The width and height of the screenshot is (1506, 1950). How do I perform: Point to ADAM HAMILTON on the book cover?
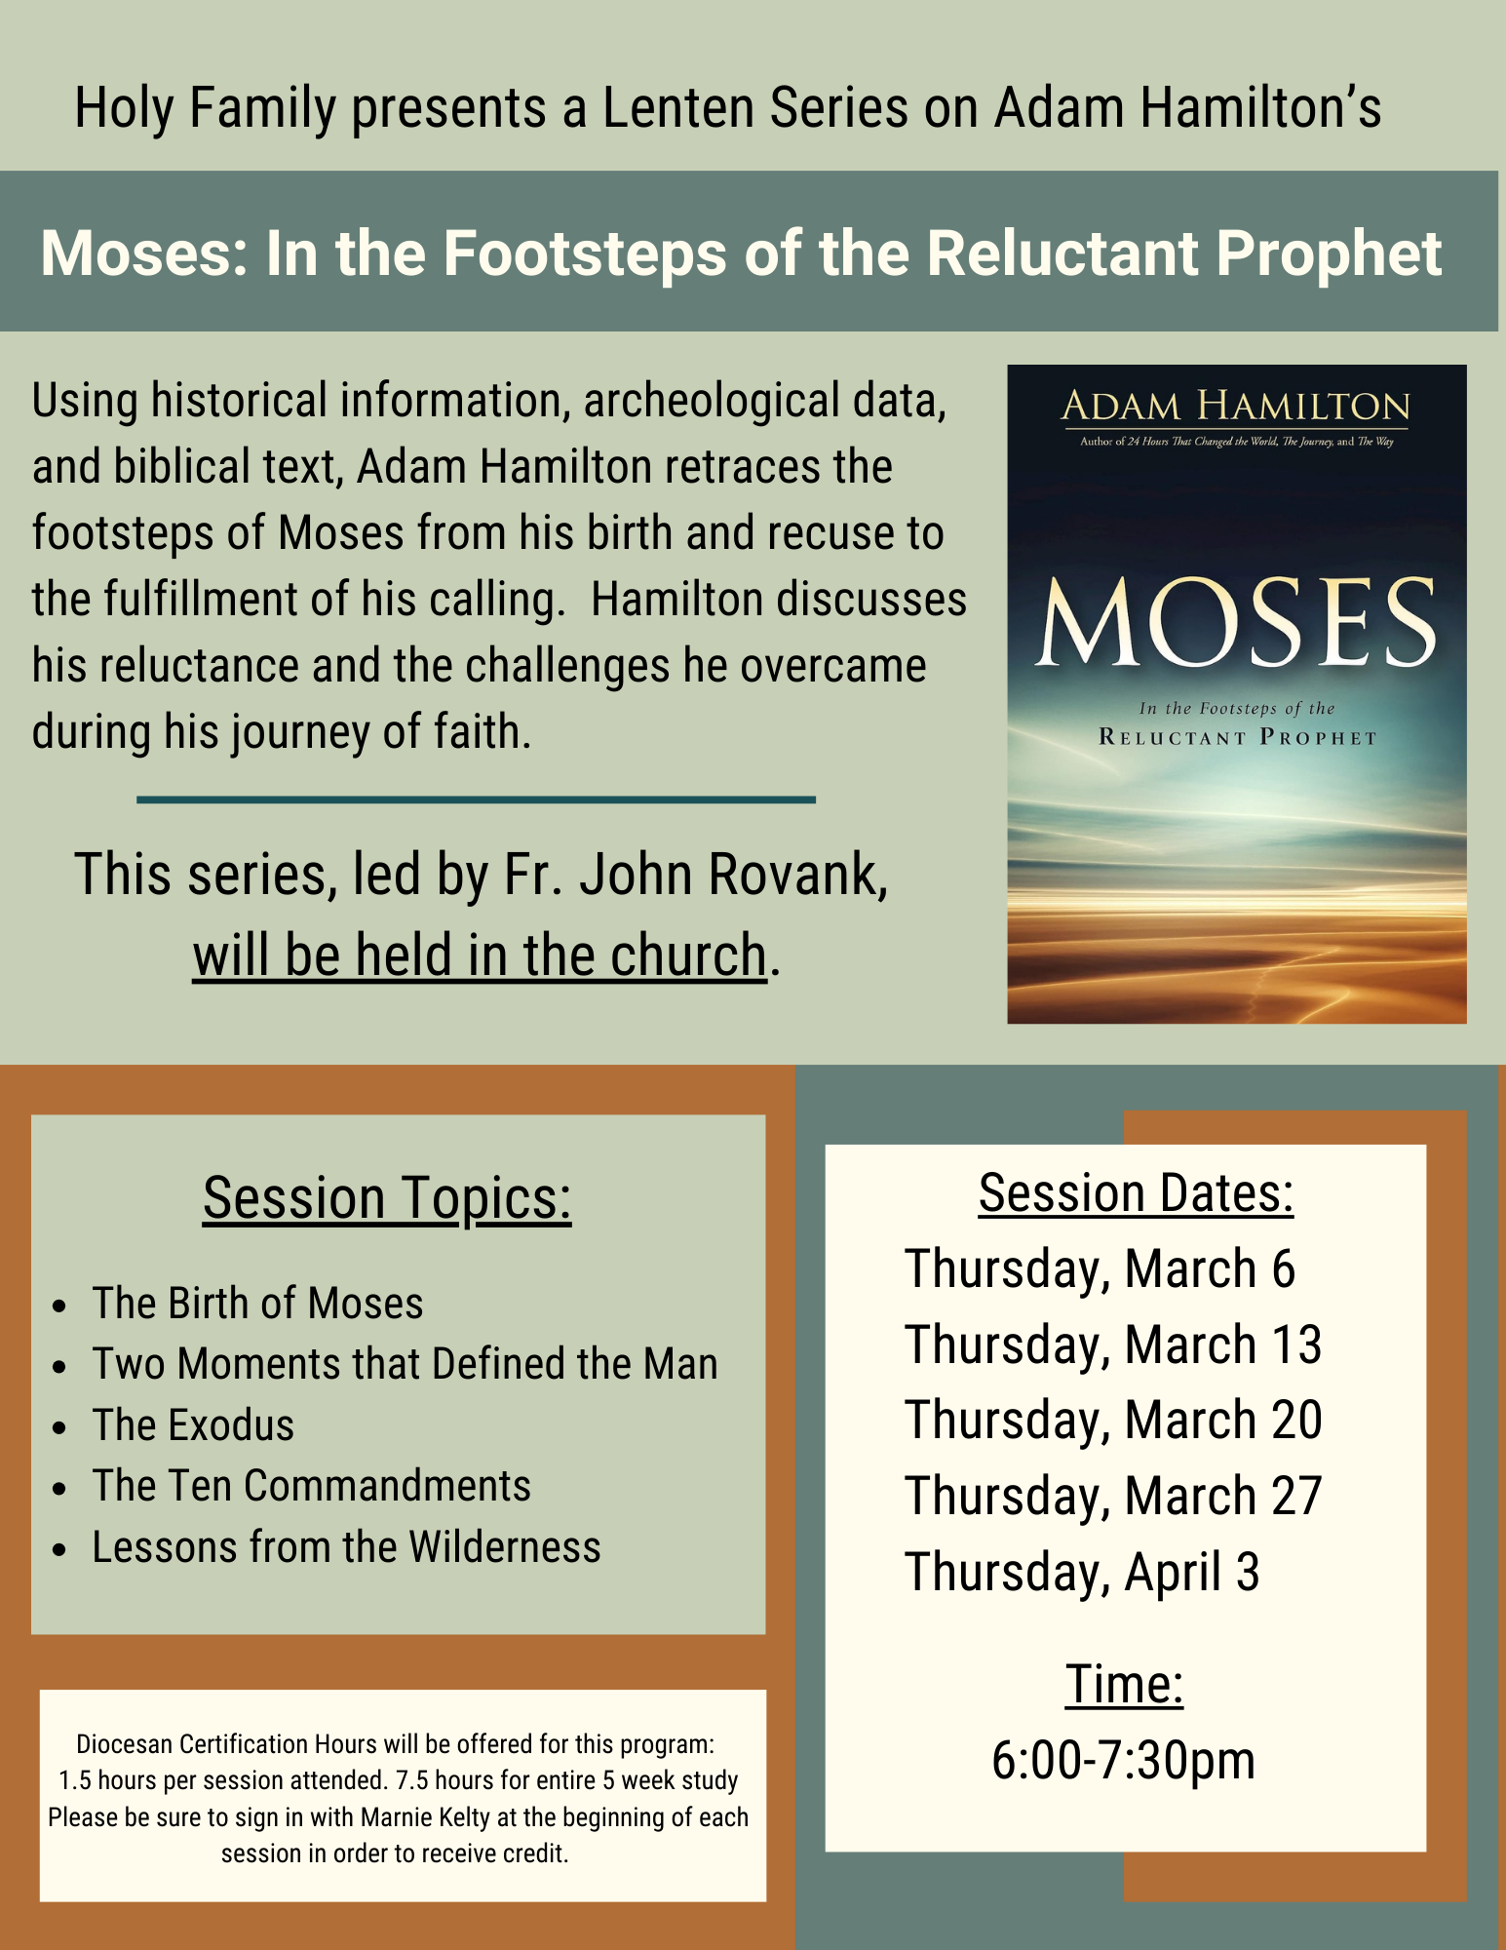point(1235,406)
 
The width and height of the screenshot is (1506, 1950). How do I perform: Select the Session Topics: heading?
point(387,1197)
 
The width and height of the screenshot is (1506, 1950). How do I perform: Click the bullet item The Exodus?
point(193,1425)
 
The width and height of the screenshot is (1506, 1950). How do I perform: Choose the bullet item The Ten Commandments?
point(312,1486)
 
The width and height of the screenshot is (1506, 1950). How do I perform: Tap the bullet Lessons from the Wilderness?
point(346,1547)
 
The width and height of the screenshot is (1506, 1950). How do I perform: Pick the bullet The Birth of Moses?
point(257,1304)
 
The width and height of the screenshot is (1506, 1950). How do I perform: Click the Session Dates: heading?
point(1136,1193)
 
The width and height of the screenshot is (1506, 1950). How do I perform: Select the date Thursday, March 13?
point(1113,1345)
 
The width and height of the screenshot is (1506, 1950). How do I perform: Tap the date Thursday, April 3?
point(1082,1572)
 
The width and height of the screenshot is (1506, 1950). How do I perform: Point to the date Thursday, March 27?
point(1113,1496)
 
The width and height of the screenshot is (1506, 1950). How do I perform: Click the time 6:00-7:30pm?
point(1123,1761)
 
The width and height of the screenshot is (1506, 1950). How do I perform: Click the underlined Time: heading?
point(1124,1685)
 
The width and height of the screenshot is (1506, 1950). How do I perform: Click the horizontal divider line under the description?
point(476,799)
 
